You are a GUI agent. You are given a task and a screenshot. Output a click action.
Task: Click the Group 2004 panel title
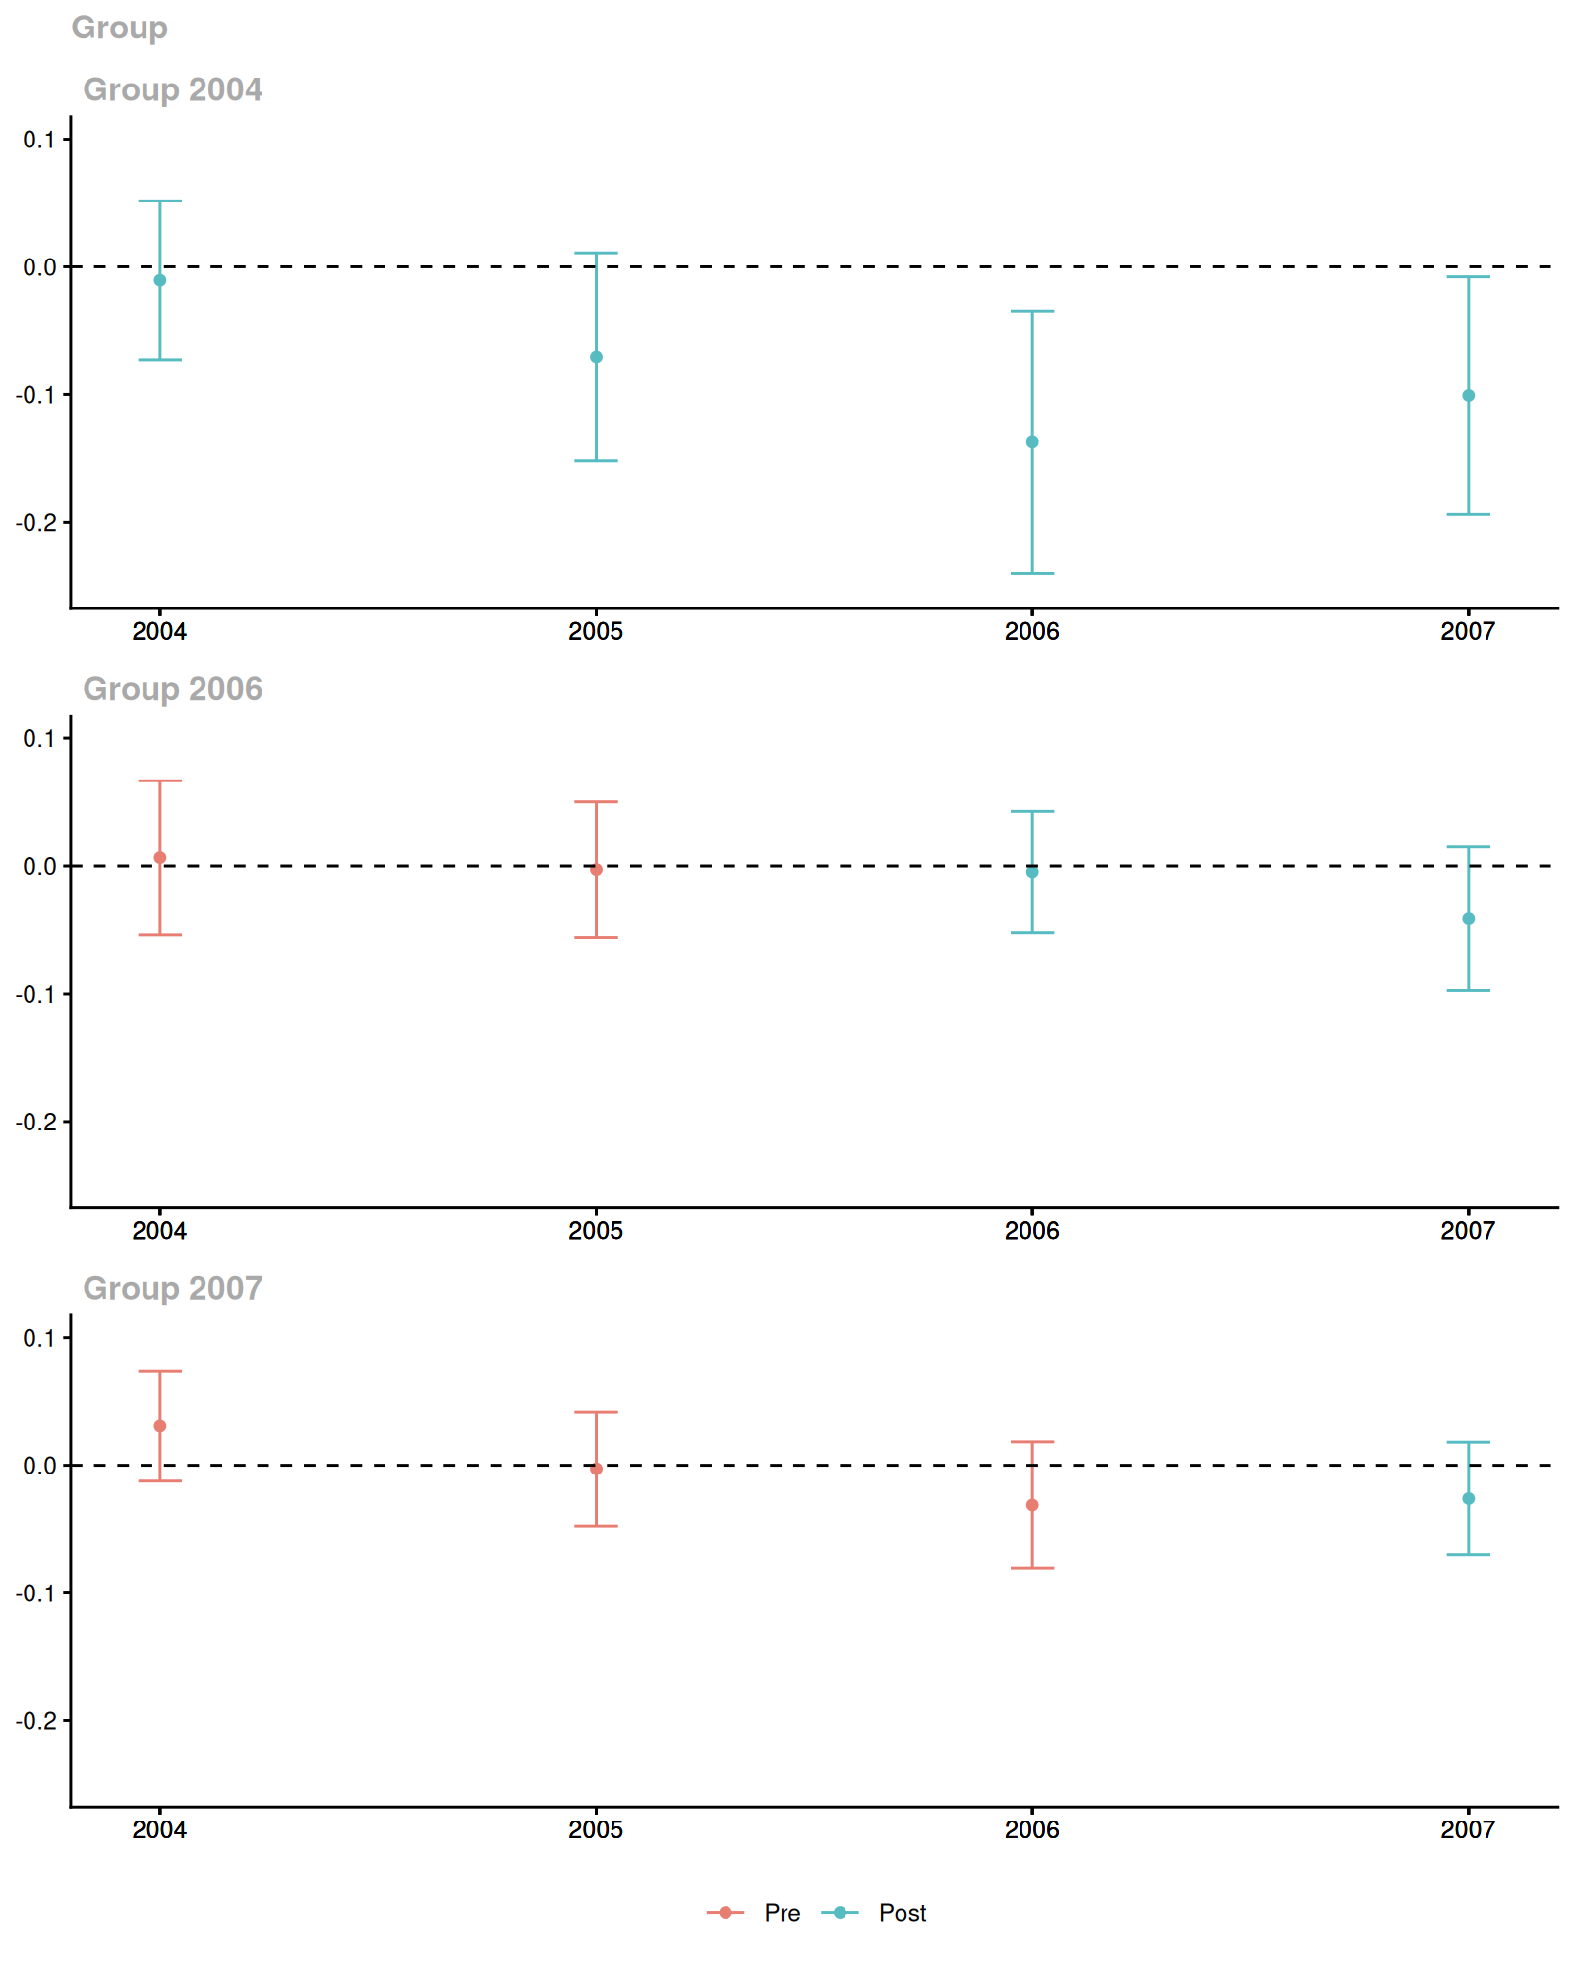(172, 89)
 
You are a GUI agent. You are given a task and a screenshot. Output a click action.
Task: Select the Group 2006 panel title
(172, 689)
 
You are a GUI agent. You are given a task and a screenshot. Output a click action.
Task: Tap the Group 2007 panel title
(172, 1288)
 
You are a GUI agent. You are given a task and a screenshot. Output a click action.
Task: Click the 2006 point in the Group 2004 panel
(1032, 442)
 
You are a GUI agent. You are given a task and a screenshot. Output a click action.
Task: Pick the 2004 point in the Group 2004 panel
(160, 280)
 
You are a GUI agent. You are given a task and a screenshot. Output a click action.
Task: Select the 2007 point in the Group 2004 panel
(1469, 396)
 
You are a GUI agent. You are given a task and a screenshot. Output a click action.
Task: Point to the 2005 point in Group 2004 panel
(596, 357)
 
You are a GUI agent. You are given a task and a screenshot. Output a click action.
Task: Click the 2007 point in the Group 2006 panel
(1469, 919)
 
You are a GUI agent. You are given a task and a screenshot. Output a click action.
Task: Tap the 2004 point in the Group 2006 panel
(160, 858)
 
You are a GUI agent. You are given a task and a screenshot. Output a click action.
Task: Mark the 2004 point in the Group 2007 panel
(160, 1426)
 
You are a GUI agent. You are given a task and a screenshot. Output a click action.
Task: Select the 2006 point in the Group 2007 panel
(1032, 1505)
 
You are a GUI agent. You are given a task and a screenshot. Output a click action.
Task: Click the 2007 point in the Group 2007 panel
(1469, 1499)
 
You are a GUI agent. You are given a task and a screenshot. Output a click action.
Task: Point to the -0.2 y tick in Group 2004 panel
(35, 522)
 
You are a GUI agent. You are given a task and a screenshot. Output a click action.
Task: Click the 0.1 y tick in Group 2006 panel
(39, 738)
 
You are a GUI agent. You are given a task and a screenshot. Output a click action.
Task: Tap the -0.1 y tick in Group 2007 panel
(35, 1593)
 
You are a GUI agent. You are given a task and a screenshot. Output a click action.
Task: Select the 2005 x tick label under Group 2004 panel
(596, 632)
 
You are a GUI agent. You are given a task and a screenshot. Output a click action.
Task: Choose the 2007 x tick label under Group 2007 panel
(1468, 1830)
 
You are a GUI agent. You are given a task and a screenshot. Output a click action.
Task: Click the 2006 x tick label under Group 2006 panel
(1032, 1231)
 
